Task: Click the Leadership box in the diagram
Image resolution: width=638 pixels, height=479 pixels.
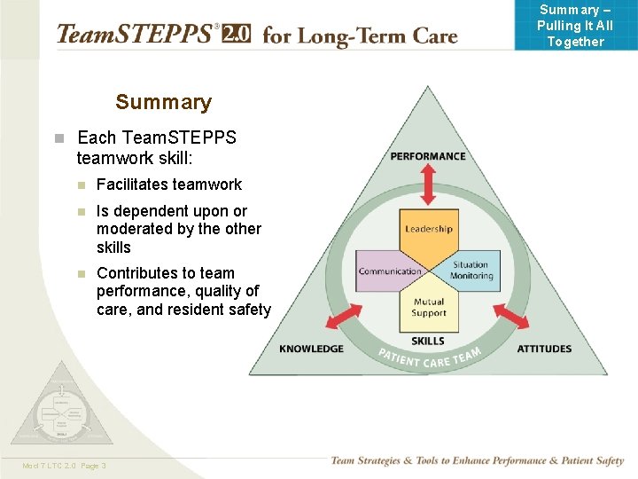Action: click(x=428, y=230)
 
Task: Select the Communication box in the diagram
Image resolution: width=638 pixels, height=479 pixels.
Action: click(x=390, y=271)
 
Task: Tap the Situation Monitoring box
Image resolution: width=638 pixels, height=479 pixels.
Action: click(x=471, y=271)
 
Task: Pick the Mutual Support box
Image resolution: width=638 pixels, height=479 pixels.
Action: click(x=429, y=308)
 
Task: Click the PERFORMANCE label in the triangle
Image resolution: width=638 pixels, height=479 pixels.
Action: click(x=428, y=157)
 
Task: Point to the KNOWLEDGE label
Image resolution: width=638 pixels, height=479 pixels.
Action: click(x=311, y=349)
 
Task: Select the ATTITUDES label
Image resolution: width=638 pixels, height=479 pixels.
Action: click(x=544, y=349)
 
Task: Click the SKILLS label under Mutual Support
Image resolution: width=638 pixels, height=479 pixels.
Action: click(x=428, y=342)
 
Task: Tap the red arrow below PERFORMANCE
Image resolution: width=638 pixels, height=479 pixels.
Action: click(x=428, y=186)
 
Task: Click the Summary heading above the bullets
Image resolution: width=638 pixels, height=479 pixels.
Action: click(x=164, y=102)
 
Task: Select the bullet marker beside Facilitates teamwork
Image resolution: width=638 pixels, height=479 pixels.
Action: click(x=81, y=185)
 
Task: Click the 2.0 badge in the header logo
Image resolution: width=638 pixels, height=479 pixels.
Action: click(x=237, y=35)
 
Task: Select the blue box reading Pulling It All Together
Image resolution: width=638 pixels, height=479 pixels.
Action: click(x=575, y=25)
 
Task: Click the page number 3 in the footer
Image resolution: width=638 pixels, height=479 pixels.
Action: click(x=104, y=465)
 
